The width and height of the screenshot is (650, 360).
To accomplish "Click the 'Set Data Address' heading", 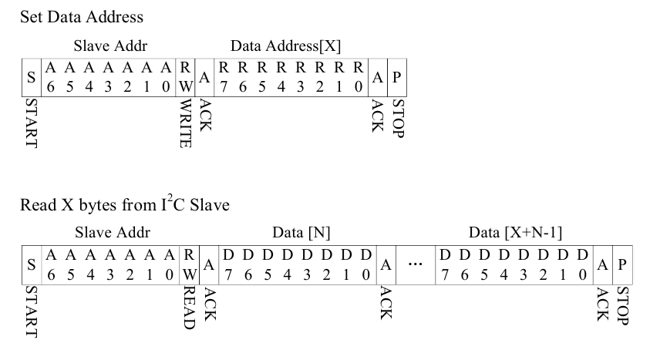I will (x=70, y=16).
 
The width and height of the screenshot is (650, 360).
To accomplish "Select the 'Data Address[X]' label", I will (x=285, y=47).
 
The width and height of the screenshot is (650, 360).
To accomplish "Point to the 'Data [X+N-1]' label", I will (x=514, y=232).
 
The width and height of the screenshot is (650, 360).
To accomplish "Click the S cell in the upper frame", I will (x=32, y=77).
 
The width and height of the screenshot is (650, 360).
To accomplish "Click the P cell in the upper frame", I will (x=396, y=77).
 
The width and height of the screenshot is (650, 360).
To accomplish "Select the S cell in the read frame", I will (x=32, y=264).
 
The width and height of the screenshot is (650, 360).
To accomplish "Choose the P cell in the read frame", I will (x=621, y=264).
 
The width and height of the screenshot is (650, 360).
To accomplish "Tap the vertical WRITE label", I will (x=185, y=123).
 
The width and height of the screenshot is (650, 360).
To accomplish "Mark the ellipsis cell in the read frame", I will (x=415, y=264).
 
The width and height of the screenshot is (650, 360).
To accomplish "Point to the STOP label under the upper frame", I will (x=397, y=117).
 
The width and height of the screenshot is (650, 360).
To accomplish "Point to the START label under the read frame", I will (x=32, y=311).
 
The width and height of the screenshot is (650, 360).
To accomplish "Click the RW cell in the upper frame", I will (x=186, y=77).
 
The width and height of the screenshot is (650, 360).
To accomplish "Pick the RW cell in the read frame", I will (x=189, y=264).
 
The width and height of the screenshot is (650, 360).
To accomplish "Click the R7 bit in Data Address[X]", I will (x=224, y=77).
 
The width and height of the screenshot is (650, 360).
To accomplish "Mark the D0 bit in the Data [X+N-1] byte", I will (x=582, y=264).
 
